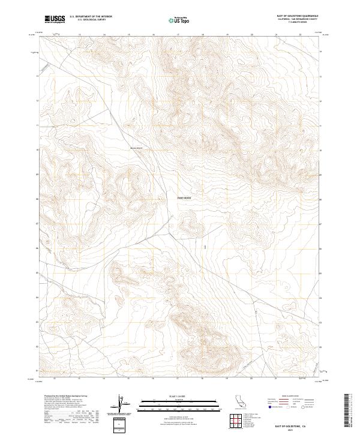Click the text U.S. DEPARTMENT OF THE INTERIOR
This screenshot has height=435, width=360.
tap(91, 17)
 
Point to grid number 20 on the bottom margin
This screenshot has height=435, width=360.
tap(251, 379)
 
